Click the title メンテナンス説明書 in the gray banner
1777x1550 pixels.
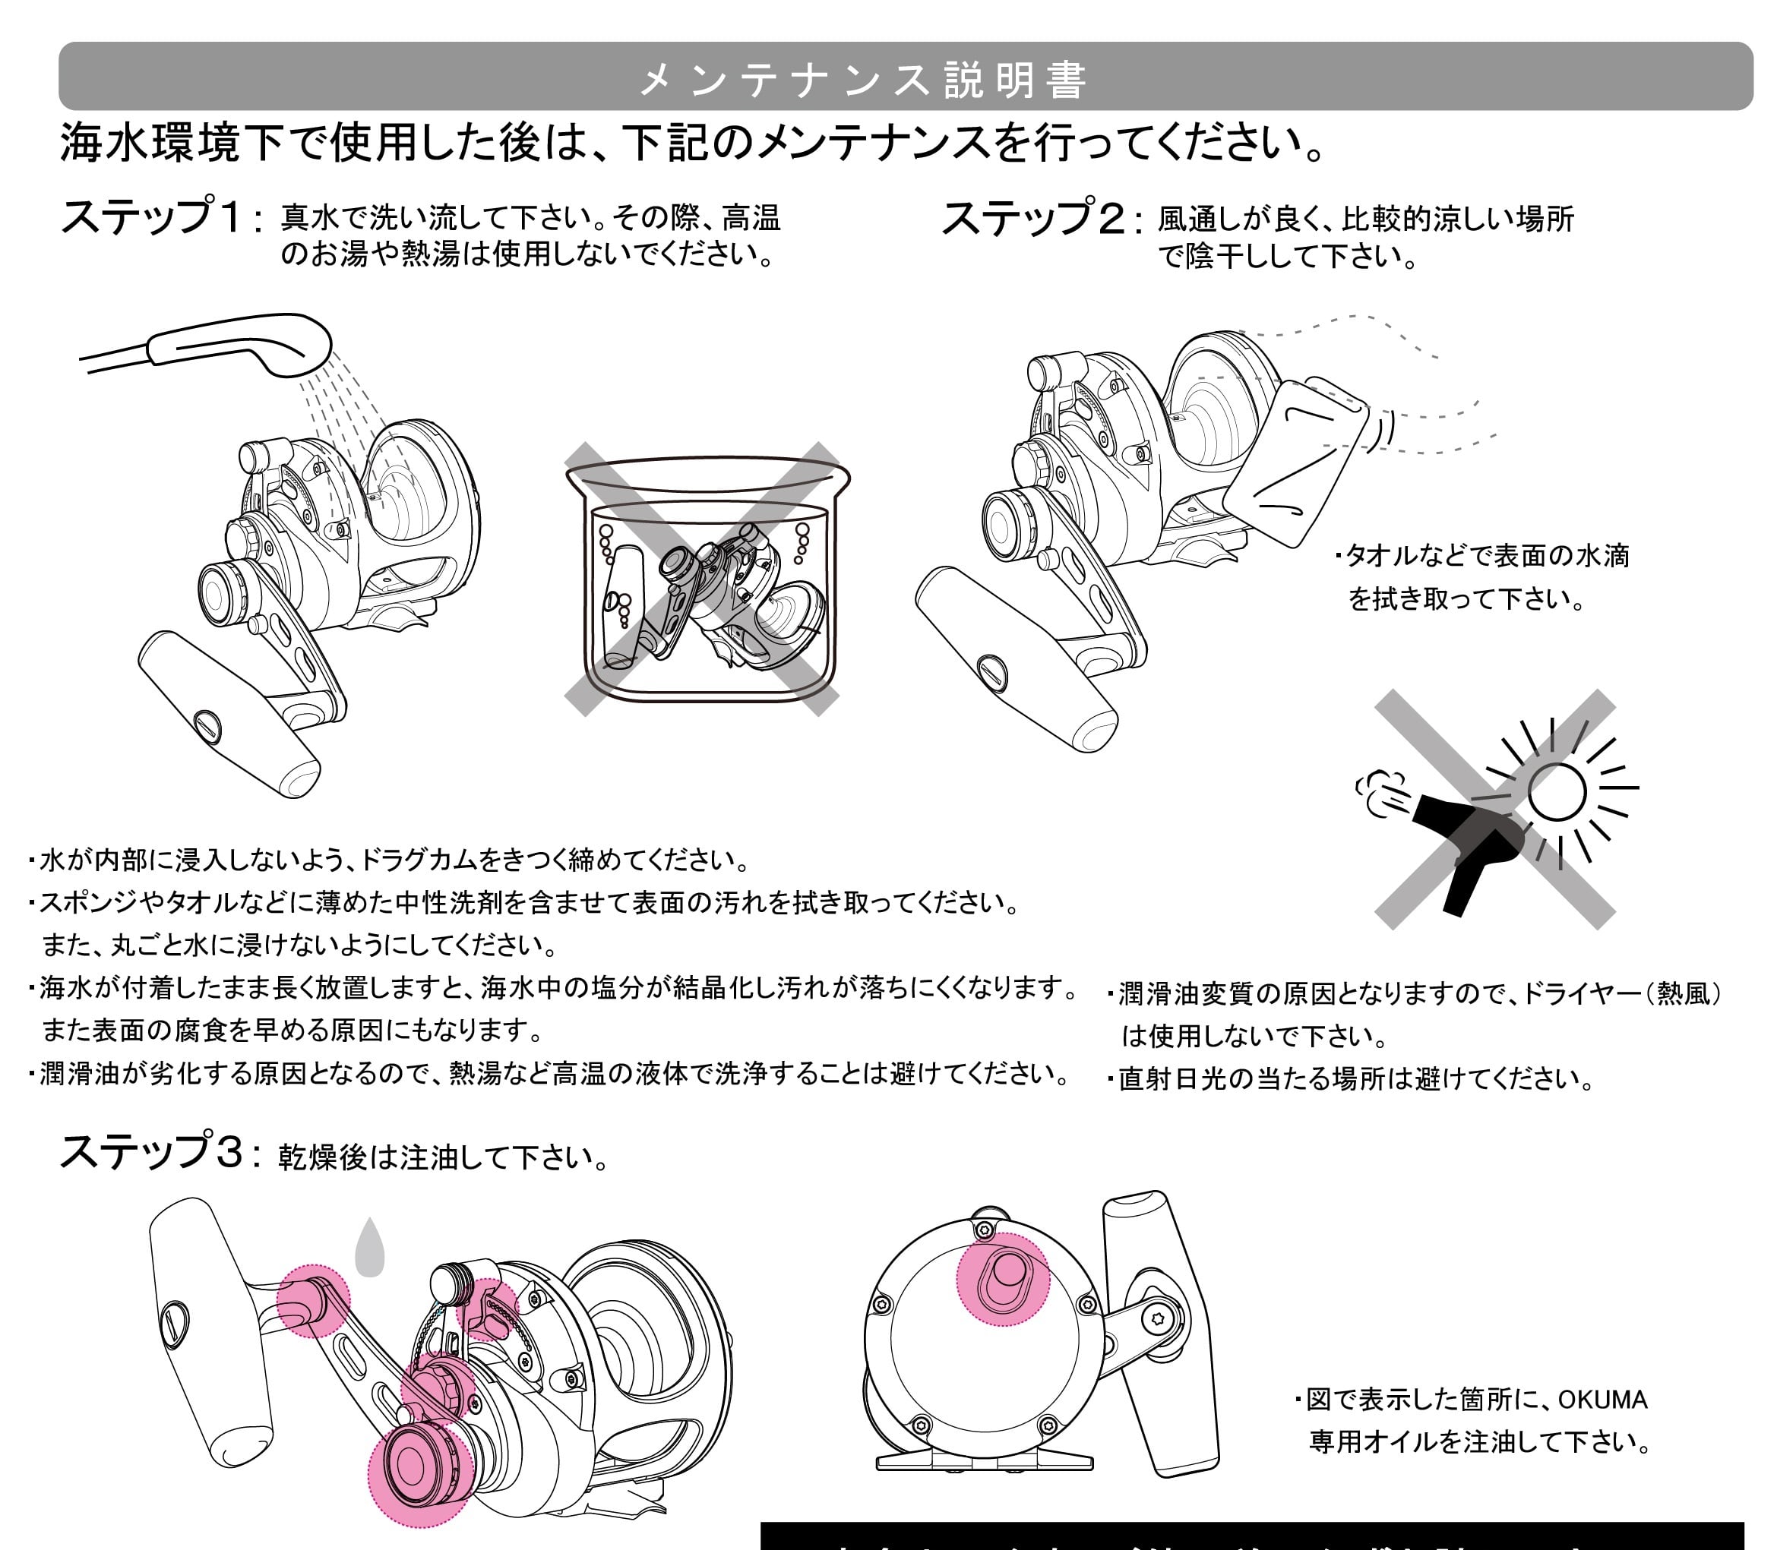[x=862, y=80]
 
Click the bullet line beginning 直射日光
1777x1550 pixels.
[x=1349, y=1078]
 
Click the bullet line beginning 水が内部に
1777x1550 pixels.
[x=389, y=859]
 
